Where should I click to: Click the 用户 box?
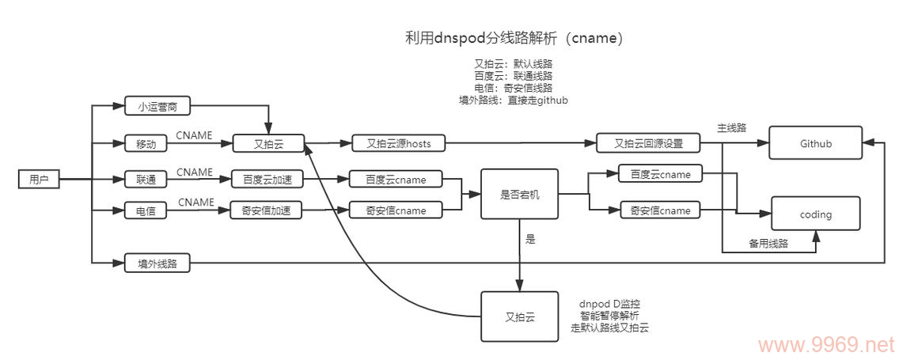pos(39,180)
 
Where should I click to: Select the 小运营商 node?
pos(157,106)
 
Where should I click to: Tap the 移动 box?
pos(146,144)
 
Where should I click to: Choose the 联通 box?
pos(146,180)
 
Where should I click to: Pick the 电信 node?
pos(146,210)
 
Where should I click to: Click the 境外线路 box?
pos(157,264)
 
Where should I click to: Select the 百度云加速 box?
pos(267,180)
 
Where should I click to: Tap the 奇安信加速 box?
pos(267,210)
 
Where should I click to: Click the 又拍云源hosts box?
pos(398,144)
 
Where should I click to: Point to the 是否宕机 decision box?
pos(520,194)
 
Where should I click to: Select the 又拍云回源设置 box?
pos(648,144)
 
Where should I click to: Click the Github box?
pos(815,144)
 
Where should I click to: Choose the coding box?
pos(815,214)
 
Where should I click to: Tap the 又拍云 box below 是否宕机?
pos(520,317)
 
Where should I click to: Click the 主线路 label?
pos(731,127)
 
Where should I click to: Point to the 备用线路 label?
pos(768,244)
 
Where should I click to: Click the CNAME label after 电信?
pos(195,203)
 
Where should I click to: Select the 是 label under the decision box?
pos(530,238)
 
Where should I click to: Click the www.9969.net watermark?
pos(825,345)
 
